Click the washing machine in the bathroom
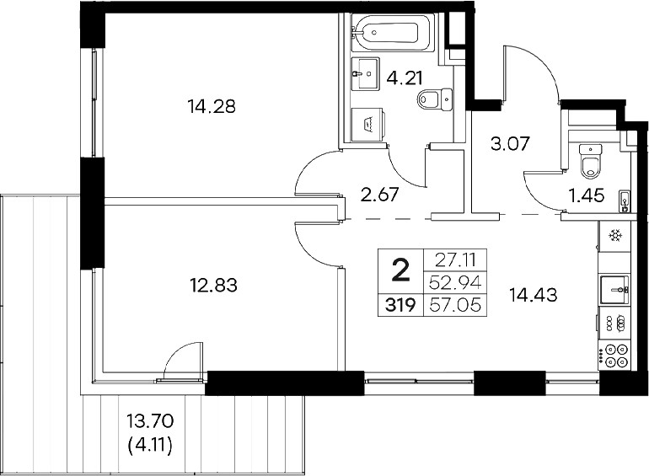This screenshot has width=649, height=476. point(368,124)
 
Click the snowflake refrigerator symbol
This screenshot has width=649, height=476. point(616,235)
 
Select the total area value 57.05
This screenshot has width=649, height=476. point(455,306)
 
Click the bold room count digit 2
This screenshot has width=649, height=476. point(402,271)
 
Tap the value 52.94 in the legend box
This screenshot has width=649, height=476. point(455,282)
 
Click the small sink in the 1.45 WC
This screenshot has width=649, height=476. point(625,201)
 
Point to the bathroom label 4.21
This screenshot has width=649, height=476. point(404,81)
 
